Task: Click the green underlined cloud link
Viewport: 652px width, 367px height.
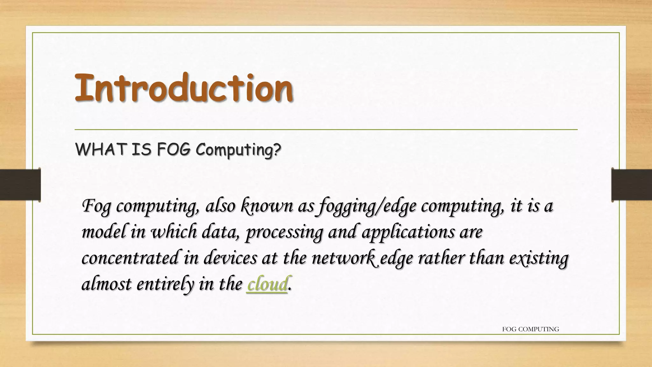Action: tap(267, 284)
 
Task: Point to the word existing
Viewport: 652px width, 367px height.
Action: tap(538, 258)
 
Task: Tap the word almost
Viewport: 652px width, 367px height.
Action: tap(106, 284)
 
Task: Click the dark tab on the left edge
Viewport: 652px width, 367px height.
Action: tap(20, 185)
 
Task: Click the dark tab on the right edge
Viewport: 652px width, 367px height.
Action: tap(632, 185)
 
